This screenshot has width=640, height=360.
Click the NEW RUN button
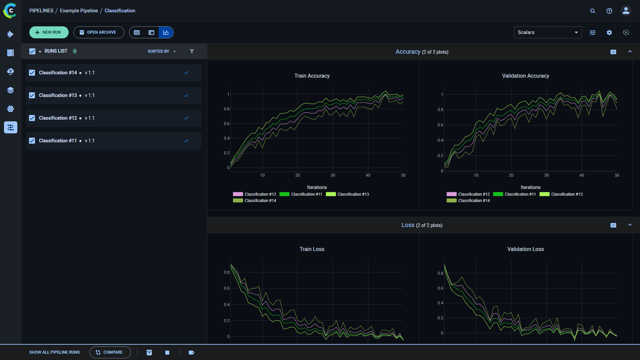(49, 32)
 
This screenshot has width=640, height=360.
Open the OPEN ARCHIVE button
(99, 32)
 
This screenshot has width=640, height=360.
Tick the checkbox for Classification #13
(32, 95)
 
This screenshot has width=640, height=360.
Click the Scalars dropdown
(547, 32)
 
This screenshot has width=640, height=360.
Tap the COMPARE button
(110, 352)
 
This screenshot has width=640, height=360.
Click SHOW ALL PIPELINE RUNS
(54, 352)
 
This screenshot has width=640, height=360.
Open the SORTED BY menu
(161, 51)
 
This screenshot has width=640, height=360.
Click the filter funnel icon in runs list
(192, 51)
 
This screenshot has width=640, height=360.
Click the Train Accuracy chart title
(312, 76)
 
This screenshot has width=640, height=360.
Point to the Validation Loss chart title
(525, 249)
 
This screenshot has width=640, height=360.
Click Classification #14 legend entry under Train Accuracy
(260, 201)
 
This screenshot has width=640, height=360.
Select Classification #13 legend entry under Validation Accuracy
(567, 194)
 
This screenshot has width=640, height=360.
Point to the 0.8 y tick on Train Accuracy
(227, 109)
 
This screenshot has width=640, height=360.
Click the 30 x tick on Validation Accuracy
(546, 175)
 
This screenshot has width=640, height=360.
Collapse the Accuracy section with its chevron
(630, 52)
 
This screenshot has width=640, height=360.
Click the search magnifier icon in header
(593, 11)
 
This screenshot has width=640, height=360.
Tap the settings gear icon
(609, 33)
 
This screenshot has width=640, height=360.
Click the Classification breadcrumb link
(120, 11)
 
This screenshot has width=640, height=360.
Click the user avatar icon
(626, 11)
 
